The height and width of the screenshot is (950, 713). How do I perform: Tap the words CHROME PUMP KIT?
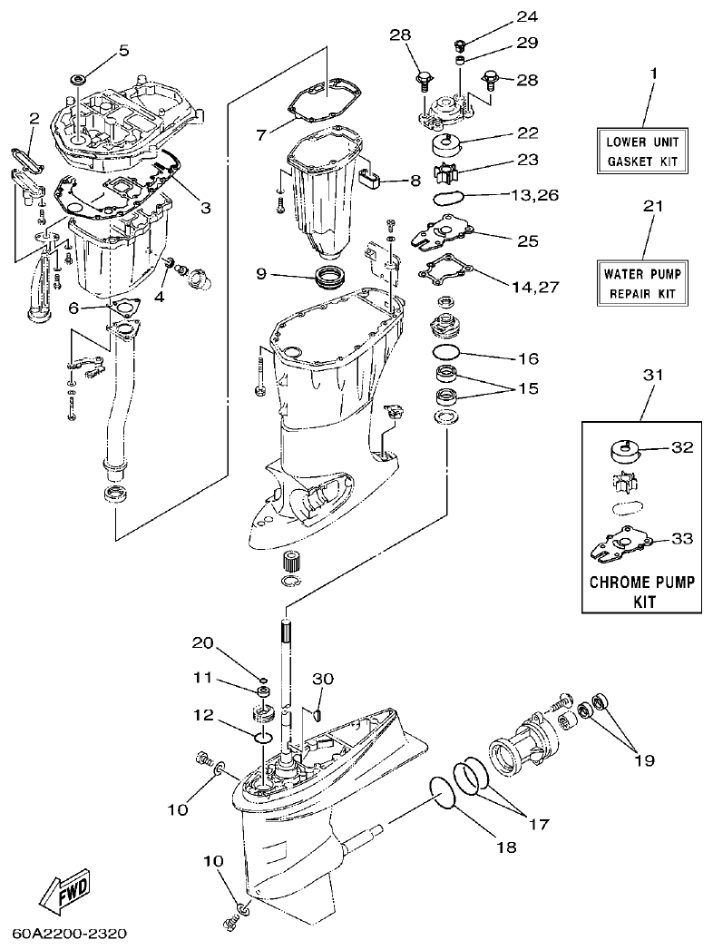[x=642, y=591]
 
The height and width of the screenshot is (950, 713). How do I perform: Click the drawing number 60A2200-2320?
[x=70, y=933]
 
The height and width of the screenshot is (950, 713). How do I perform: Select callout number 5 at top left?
[x=124, y=50]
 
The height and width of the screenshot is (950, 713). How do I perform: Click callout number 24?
[x=502, y=16]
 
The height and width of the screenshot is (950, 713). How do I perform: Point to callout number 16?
[x=529, y=357]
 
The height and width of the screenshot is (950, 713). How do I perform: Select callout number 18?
[x=505, y=847]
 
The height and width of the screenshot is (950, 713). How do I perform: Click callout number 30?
[x=323, y=679]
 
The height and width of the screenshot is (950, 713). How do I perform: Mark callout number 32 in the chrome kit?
[x=681, y=447]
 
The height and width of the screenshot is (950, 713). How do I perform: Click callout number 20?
[x=202, y=643]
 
